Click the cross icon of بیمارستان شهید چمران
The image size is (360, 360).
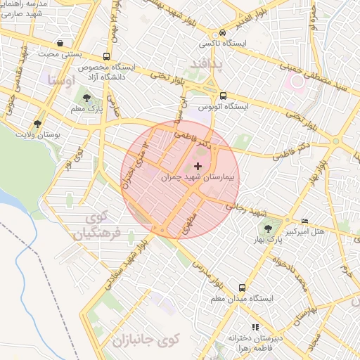[197, 167]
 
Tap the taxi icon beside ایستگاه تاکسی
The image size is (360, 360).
[223, 32]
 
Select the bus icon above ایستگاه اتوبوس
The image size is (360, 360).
[223, 96]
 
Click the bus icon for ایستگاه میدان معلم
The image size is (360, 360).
[242, 288]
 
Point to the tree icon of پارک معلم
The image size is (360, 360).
[86, 98]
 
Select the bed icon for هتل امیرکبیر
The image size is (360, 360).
[304, 221]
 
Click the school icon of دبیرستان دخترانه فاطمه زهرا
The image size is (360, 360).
[255, 327]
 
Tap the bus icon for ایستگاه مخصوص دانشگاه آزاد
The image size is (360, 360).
[105, 56]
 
